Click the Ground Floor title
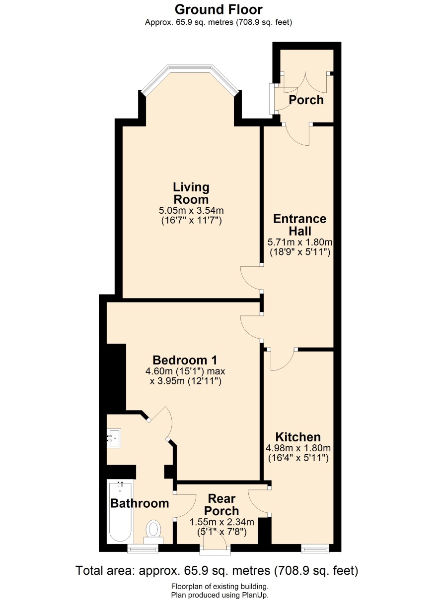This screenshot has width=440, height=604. [x=218, y=10]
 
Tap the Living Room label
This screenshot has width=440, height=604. [x=191, y=193]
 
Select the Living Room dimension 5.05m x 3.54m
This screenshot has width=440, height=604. [x=191, y=210]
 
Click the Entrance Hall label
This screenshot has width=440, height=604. [x=299, y=225]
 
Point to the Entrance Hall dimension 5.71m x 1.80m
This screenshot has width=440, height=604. [x=300, y=242]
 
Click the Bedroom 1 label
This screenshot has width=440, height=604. [x=185, y=360]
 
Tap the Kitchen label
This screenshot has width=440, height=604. [x=298, y=437]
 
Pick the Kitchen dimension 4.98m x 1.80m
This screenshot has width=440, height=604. [x=298, y=448]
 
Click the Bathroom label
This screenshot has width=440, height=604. [x=140, y=503]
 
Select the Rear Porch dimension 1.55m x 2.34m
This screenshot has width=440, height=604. [x=222, y=522]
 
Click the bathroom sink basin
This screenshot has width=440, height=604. [x=114, y=438]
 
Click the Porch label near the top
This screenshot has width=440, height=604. [x=306, y=100]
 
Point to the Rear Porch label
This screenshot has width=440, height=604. [x=221, y=505]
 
